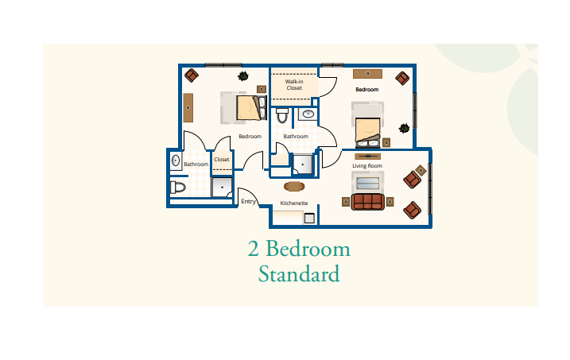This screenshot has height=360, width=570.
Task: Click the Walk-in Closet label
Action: pyautogui.click(x=294, y=85)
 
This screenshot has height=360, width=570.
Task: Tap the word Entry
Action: pyautogui.click(x=248, y=201)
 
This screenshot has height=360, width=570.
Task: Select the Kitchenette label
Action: pyautogui.click(x=294, y=203)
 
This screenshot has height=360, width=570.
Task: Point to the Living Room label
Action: pyautogui.click(x=367, y=166)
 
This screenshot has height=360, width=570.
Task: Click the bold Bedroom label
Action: pyautogui.click(x=367, y=89)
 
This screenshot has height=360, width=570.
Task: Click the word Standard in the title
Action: pyautogui.click(x=299, y=274)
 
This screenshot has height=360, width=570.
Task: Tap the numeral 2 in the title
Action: pyautogui.click(x=254, y=249)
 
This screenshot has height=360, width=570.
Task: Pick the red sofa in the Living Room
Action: pyautogui.click(x=367, y=202)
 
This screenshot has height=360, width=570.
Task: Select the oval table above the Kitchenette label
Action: pyautogui.click(x=294, y=186)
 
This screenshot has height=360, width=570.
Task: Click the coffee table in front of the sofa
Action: pyautogui.click(x=368, y=184)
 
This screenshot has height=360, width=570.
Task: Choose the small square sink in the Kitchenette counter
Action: pyautogui.click(x=309, y=219)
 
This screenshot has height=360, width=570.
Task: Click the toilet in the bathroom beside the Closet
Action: pyautogui.click(x=178, y=188)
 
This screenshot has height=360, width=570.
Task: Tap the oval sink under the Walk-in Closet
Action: pyautogui.click(x=308, y=114)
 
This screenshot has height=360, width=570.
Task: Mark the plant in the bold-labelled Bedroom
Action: pyautogui.click(x=404, y=128)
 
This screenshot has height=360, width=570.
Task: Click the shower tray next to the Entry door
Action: pyautogui.click(x=222, y=187)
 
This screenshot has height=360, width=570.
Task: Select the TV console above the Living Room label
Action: pyautogui.click(x=367, y=157)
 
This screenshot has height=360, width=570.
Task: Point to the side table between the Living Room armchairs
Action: pyautogui.click(x=421, y=170)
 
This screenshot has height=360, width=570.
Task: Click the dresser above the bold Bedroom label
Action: pyautogui.click(x=367, y=74)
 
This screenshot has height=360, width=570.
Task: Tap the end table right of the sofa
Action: pyautogui.click(x=390, y=202)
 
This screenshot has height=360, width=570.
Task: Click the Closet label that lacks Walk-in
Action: pyautogui.click(x=222, y=160)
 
